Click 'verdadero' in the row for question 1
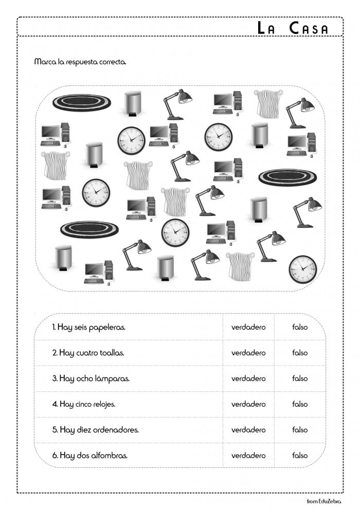tap(248, 327)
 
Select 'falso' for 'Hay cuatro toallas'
tap(300, 353)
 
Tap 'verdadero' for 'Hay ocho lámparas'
tap(248, 378)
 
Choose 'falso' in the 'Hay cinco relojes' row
tap(300, 404)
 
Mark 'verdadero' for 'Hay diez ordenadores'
tap(248, 430)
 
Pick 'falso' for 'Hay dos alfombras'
tap(300, 456)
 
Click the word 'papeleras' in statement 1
tap(107, 328)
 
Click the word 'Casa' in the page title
tap(308, 28)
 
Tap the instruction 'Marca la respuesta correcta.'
tap(80, 62)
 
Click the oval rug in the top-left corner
tap(81, 102)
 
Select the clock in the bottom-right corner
tap(302, 269)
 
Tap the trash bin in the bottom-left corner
tap(63, 258)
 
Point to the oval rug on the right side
tap(287, 177)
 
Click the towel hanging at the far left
tap(55, 165)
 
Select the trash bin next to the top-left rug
tap(133, 103)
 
